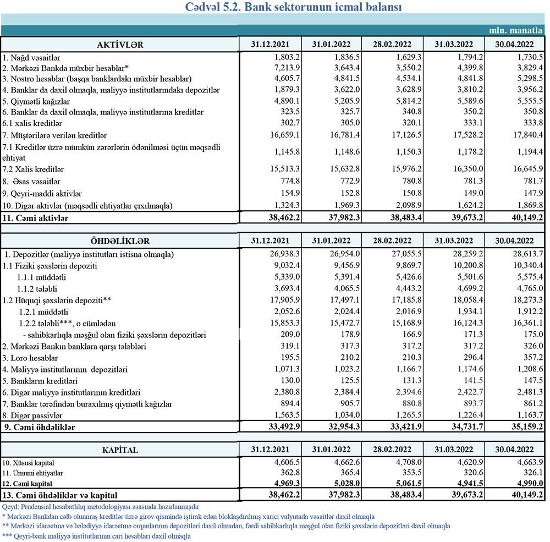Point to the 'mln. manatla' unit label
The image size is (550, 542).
tap(517, 31)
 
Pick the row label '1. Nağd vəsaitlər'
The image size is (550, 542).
tap(31, 57)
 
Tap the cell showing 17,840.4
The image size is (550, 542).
tap(527, 135)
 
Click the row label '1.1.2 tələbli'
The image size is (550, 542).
tap(38, 289)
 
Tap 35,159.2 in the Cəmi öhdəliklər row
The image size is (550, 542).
tap(527, 427)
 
